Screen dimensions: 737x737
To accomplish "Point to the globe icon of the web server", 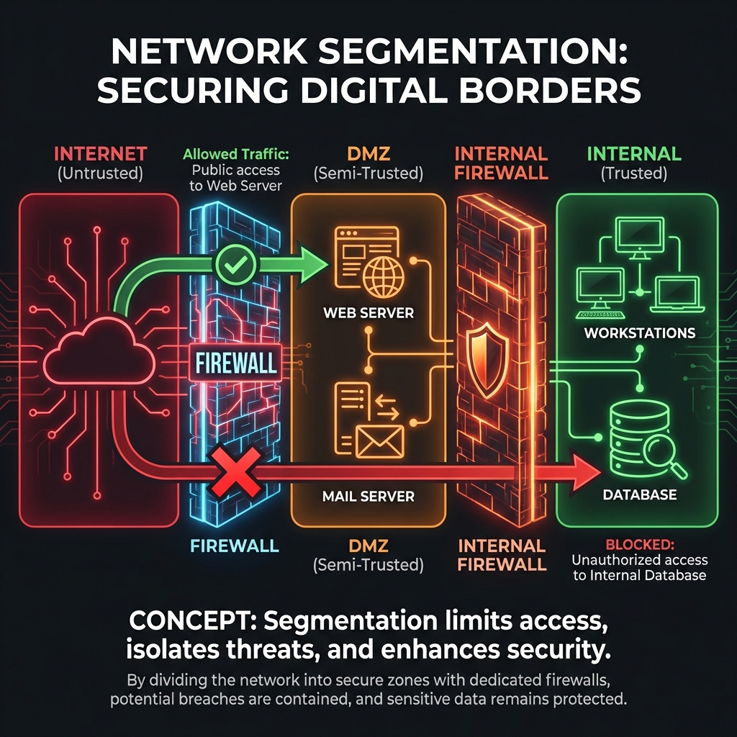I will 383,280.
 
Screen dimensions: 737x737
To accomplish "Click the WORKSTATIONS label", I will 640,333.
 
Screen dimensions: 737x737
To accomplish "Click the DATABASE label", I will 640,494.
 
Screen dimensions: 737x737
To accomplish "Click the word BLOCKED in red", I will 638,544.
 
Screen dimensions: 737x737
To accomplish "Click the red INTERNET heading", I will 101,153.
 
